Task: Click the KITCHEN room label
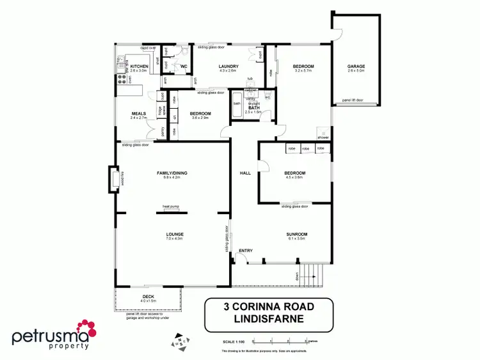point(140,66)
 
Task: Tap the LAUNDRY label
point(228,67)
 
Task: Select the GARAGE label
point(356,67)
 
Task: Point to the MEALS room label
point(139,114)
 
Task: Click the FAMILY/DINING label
point(172,174)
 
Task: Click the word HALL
point(245,173)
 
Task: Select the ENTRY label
point(246,250)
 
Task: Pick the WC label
point(183,66)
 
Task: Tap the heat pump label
point(170,206)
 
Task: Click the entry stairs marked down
point(311,274)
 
